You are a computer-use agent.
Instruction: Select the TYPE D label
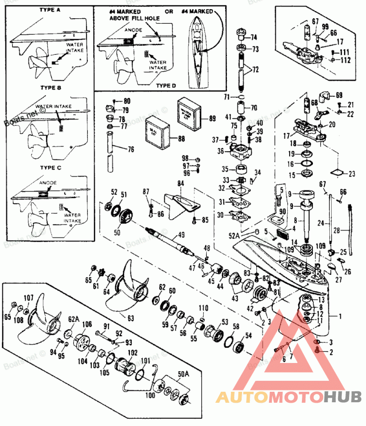163,85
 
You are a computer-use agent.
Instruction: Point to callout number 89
211,119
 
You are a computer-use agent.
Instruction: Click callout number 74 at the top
253,37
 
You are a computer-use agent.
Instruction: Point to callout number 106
87,325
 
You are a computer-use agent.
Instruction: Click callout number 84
181,184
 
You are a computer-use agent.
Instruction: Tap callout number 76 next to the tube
131,149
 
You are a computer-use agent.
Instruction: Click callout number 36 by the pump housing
221,151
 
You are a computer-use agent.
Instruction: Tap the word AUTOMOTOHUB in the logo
288,397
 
